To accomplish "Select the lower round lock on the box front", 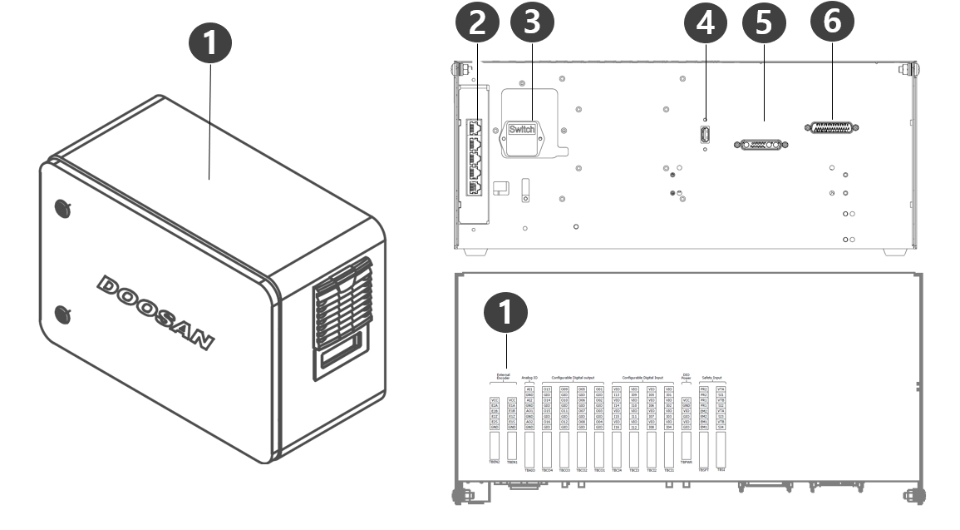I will pyautogui.click(x=62, y=314).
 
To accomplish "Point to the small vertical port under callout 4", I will pyautogui.click(x=705, y=135).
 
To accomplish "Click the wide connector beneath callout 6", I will pyautogui.click(x=831, y=128).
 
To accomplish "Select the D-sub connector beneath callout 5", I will pyautogui.click(x=761, y=145).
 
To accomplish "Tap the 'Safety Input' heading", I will pyautogui.click(x=711, y=377).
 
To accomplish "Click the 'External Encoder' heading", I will pyautogui.click(x=503, y=377).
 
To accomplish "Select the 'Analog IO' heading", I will pyautogui.click(x=529, y=377).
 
